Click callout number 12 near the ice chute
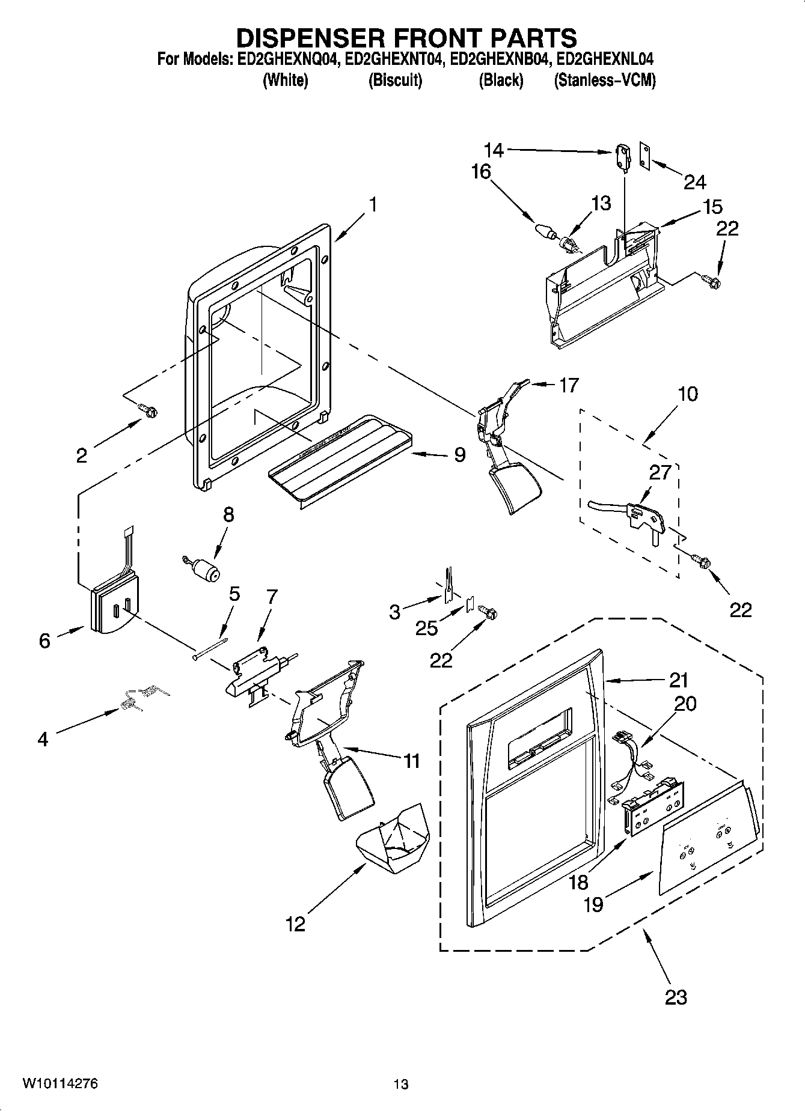click(295, 924)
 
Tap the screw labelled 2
click(148, 410)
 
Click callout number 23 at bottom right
click(676, 998)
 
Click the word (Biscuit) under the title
click(395, 80)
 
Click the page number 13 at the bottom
click(401, 1085)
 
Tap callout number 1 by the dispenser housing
click(373, 205)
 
